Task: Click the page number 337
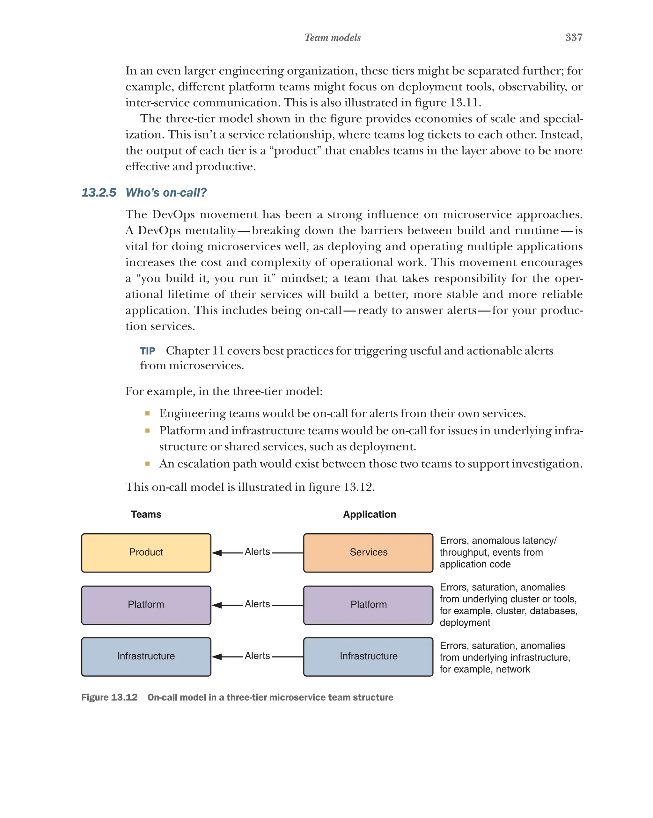573,37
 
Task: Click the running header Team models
332,38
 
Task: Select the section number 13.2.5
99,192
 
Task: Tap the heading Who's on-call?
166,192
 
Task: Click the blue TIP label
147,351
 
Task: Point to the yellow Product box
146,552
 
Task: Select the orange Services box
368,552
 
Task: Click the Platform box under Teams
146,605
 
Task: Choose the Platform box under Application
368,605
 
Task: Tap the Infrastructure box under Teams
146,656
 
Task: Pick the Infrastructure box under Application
368,656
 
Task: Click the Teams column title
146,514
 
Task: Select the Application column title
369,514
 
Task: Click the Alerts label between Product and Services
257,552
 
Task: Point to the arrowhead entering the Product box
217,553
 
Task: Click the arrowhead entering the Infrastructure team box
217,657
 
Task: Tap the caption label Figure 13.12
109,697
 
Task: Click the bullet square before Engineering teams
147,413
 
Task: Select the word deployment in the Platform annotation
465,622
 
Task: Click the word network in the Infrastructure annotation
512,669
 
